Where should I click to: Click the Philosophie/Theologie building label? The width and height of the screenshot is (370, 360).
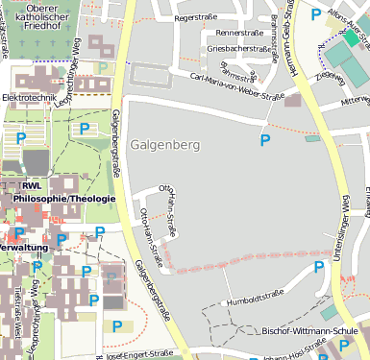pyautogui.click(x=64, y=199)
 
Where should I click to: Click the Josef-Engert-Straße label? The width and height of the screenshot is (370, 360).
pyautogui.click(x=139, y=353)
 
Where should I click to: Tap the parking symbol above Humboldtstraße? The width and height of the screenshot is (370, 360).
pyautogui.click(x=318, y=269)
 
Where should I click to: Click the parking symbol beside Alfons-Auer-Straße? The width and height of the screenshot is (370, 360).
pyautogui.click(x=317, y=14)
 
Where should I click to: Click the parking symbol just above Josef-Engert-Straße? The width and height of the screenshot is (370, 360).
pyautogui.click(x=118, y=326)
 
